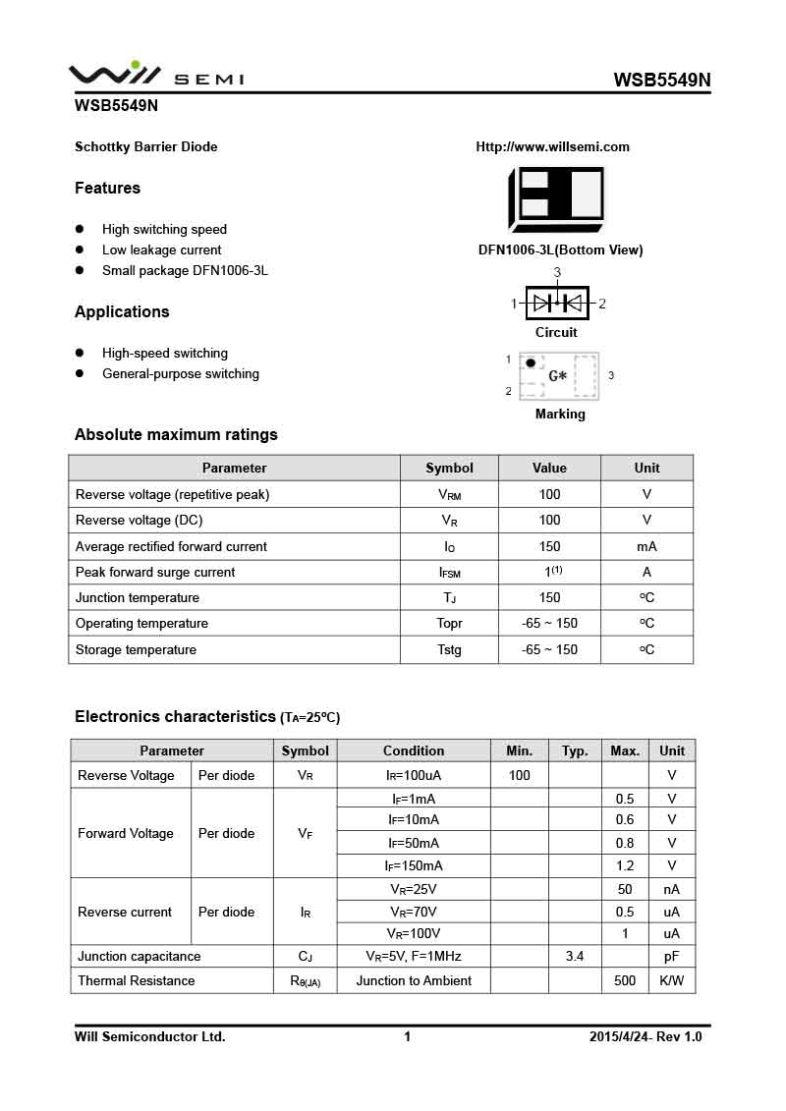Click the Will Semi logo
[x=155, y=75]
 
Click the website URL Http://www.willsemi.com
[x=552, y=147]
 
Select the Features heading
[x=107, y=189]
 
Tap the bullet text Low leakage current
[x=161, y=250]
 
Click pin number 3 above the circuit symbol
[x=557, y=272]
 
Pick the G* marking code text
[x=557, y=376]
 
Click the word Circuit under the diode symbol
[x=556, y=333]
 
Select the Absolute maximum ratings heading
[x=176, y=435]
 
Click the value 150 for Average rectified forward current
[x=549, y=546]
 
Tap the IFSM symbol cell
[x=449, y=573]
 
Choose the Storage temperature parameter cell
[x=136, y=650]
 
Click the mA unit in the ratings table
[x=646, y=546]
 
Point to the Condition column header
[x=414, y=751]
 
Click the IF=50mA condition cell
[x=414, y=843]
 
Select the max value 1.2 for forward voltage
[x=625, y=866]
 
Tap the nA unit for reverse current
[x=672, y=890]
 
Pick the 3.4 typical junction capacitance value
[x=575, y=957]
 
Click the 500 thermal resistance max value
[x=625, y=981]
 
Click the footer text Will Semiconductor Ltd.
[x=150, y=1037]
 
